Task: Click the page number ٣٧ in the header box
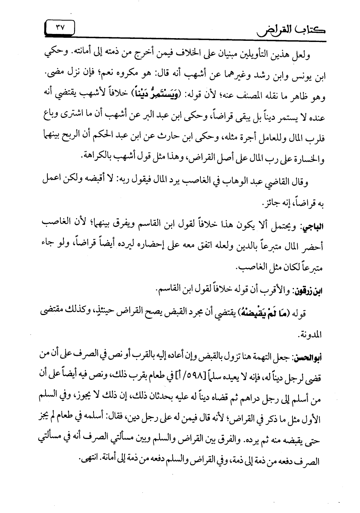click(x=60, y=27)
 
